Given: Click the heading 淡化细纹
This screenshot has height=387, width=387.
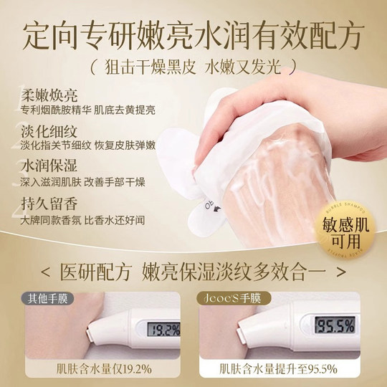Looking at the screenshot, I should click(x=40, y=133).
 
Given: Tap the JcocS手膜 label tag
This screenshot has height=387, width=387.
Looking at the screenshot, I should click(x=226, y=297).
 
